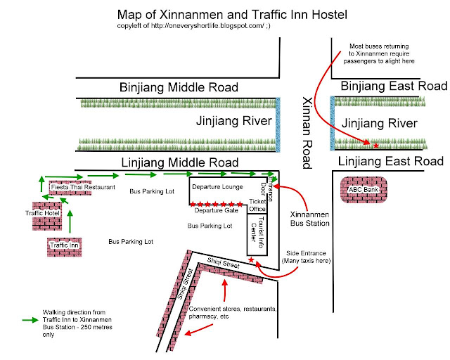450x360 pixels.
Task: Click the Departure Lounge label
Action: click(x=218, y=187)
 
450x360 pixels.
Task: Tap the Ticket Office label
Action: click(x=257, y=205)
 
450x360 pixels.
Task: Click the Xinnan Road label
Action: click(x=306, y=133)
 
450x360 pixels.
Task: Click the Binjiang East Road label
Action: click(x=393, y=86)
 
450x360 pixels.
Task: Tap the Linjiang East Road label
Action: click(x=392, y=162)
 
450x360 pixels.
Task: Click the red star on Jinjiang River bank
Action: click(x=375, y=146)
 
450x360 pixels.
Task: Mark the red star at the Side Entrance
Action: click(x=252, y=261)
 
